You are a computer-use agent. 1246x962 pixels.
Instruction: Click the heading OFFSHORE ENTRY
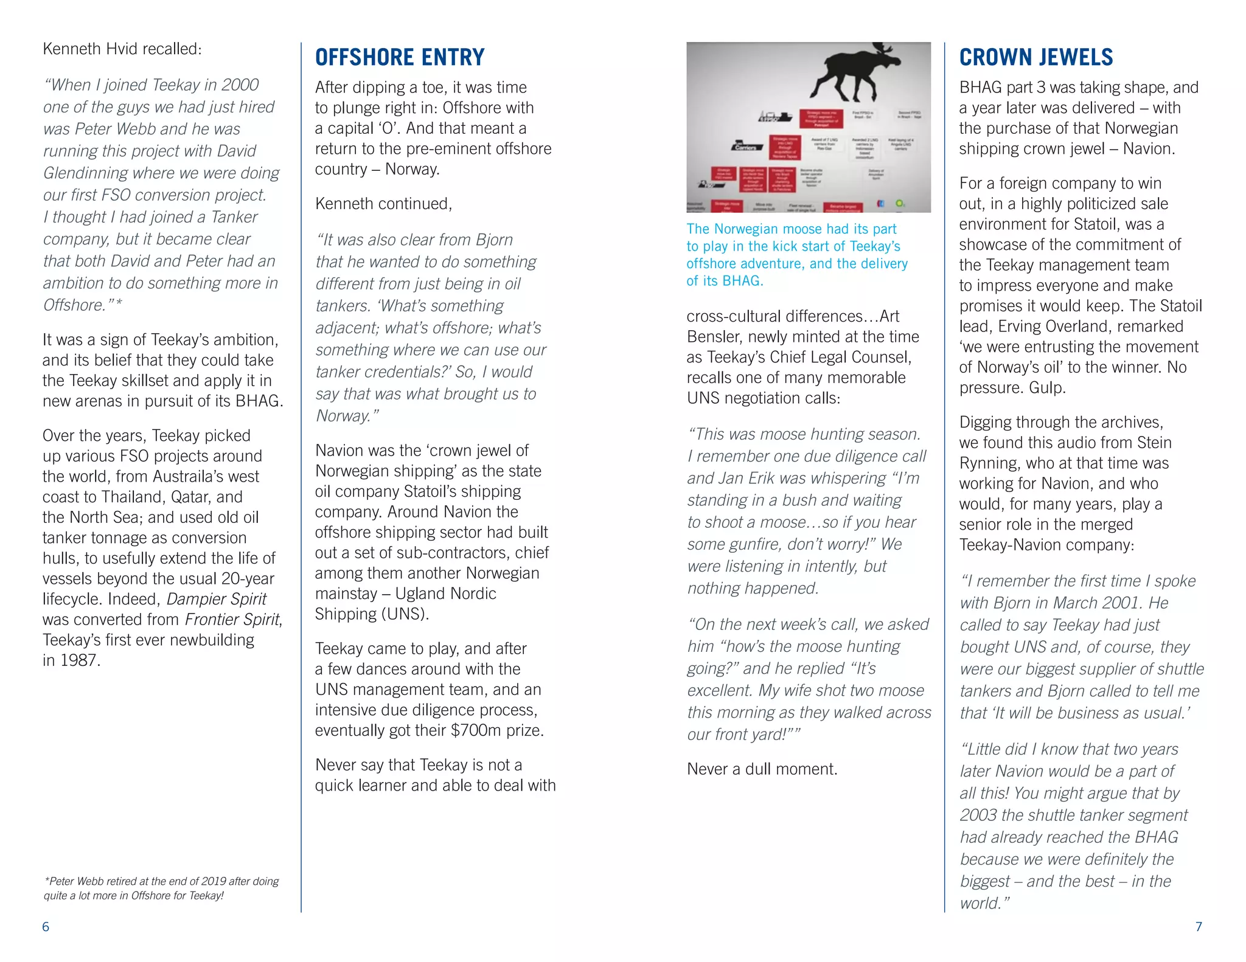[x=400, y=57]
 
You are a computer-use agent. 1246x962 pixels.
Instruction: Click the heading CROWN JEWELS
[x=1035, y=57]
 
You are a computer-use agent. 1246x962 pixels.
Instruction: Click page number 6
[x=46, y=927]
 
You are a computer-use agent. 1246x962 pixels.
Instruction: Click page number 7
[x=1199, y=927]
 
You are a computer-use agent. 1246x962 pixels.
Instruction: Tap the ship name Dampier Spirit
[x=216, y=599]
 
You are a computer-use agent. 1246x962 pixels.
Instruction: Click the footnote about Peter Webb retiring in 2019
[x=161, y=888]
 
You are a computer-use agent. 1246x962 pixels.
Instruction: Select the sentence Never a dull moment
[x=762, y=769]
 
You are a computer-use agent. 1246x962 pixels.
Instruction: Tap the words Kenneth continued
[x=383, y=204]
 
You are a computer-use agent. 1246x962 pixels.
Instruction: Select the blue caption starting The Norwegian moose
[x=796, y=254]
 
